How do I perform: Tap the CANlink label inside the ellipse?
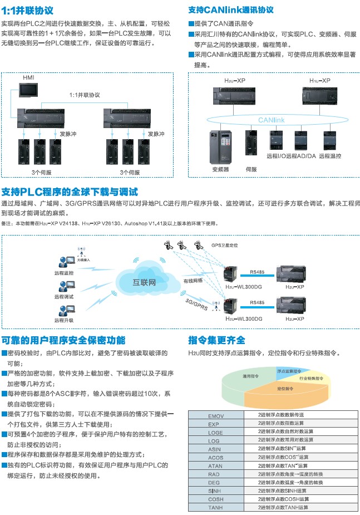pyautogui.click(x=273, y=120)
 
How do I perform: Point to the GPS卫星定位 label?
pyautogui.click(x=225, y=245)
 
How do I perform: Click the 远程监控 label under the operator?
pyautogui.click(x=63, y=273)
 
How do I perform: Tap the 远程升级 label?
pyautogui.click(x=63, y=320)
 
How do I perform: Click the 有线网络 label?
pyautogui.click(x=193, y=281)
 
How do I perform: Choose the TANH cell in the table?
pyautogui.click(x=215, y=508)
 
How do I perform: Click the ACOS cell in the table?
pyautogui.click(x=215, y=458)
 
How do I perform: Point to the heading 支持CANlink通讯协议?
pyautogui.click(x=230, y=10)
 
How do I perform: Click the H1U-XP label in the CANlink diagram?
pyautogui.click(x=319, y=81)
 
